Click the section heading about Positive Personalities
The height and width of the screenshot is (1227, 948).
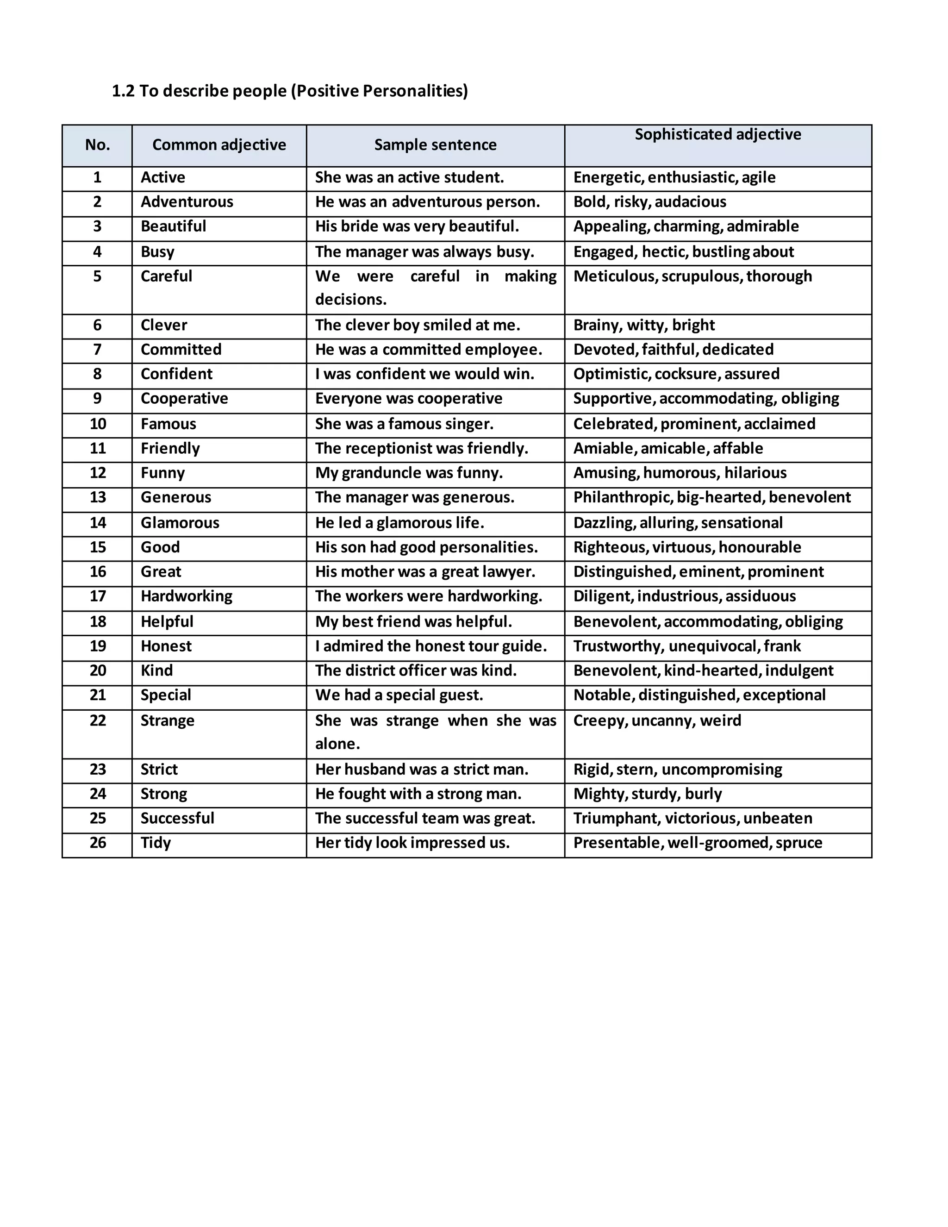pyautogui.click(x=290, y=91)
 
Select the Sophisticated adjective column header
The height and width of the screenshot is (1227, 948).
pyautogui.click(x=718, y=135)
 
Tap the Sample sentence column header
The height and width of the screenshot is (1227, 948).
pyautogui.click(x=435, y=145)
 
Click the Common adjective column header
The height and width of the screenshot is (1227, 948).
pyautogui.click(x=219, y=145)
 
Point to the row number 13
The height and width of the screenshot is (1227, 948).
pyautogui.click(x=98, y=498)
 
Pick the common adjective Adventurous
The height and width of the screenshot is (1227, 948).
pyautogui.click(x=187, y=202)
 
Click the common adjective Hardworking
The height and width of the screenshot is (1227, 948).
pyautogui.click(x=187, y=596)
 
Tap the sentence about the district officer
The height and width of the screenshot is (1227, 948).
pyautogui.click(x=416, y=671)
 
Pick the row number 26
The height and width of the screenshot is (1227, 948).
pyautogui.click(x=98, y=843)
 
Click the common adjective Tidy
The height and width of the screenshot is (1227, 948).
pyautogui.click(x=156, y=843)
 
